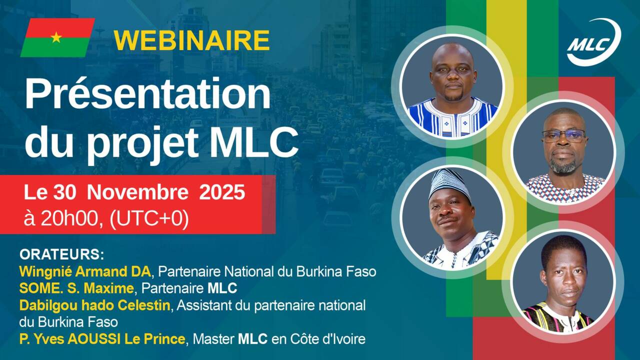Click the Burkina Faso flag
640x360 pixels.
[x=57, y=37]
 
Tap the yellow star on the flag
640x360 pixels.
[x=56, y=37]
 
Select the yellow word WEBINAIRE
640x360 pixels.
[x=191, y=40]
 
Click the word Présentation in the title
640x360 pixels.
[x=147, y=95]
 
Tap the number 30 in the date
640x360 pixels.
[x=68, y=192]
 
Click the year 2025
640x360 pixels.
[x=222, y=192]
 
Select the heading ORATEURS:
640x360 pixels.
[x=61, y=254]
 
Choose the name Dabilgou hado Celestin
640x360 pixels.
[x=94, y=305]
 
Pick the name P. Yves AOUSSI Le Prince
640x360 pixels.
[x=102, y=339]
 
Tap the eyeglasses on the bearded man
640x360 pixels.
[x=563, y=135]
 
